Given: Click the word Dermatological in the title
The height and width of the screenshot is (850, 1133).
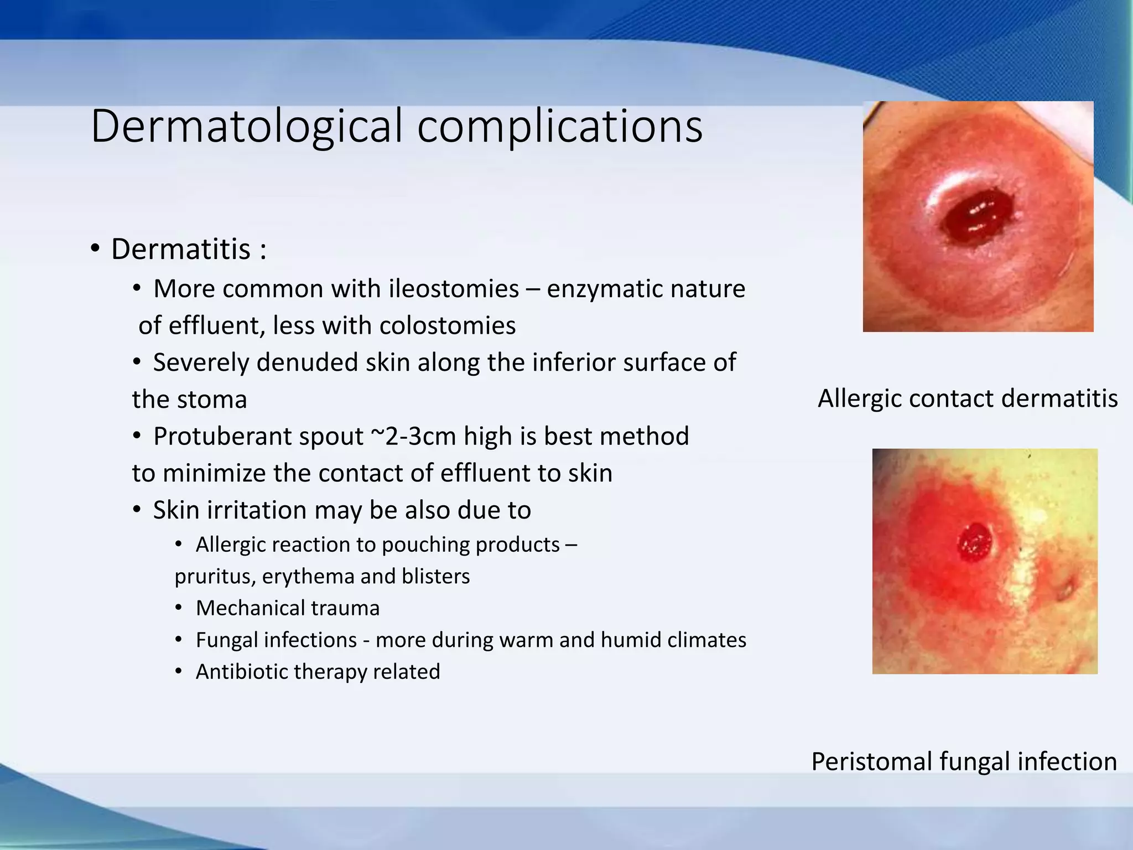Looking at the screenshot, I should pos(247,127).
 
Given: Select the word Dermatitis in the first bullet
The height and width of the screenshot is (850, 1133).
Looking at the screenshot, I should pos(181,249).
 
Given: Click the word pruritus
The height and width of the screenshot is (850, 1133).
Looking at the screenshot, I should pos(214,577).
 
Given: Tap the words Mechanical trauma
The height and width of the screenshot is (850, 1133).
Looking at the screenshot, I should pos(288,608).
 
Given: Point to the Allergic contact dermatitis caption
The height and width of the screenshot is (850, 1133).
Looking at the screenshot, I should pos(968,398).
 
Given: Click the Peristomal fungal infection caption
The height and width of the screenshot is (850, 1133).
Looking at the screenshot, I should pos(964,761).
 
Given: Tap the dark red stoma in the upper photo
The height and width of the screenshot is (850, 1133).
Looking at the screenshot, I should pos(974,217).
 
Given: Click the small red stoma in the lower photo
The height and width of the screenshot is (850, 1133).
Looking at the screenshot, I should pos(975,542).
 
